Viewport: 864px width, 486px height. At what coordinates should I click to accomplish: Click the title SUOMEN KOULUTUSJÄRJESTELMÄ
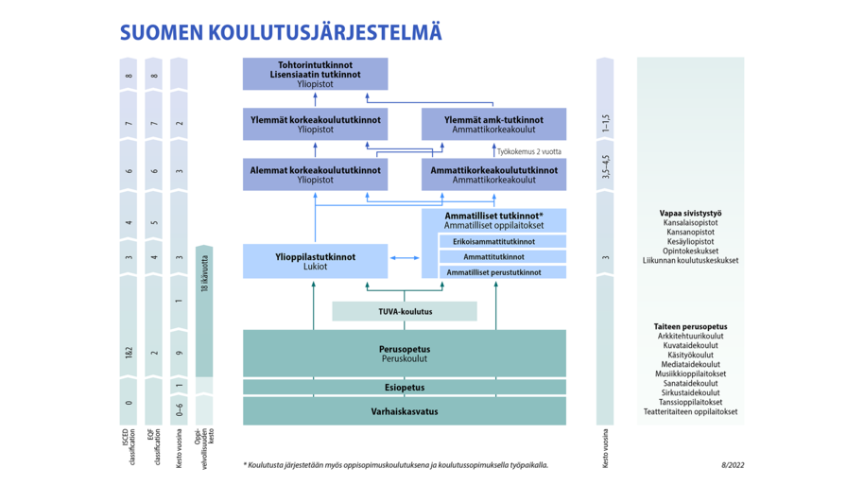[x=281, y=32]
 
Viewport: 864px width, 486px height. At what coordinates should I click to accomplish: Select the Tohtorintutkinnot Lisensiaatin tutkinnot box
[x=315, y=75]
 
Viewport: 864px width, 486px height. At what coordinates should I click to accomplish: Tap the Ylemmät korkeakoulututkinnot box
[x=315, y=124]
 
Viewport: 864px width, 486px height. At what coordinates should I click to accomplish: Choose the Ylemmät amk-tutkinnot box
[x=493, y=124]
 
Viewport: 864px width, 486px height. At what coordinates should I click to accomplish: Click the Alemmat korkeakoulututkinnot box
[x=315, y=175]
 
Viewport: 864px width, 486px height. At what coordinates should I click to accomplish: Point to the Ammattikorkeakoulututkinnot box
[x=493, y=175]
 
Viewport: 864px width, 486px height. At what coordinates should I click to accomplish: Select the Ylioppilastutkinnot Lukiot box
[x=315, y=261]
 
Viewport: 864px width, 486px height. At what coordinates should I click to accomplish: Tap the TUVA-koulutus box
[x=405, y=311]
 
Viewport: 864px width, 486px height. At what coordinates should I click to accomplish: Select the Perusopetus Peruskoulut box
[x=405, y=354]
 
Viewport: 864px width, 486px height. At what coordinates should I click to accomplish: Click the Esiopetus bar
[x=405, y=388]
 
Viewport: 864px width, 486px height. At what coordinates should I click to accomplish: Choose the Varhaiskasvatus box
[x=405, y=411]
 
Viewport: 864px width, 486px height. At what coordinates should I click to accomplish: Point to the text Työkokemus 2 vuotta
[x=528, y=151]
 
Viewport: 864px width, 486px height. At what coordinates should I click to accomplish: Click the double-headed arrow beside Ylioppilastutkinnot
[x=405, y=257]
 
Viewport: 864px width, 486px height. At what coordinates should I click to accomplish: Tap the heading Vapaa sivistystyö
[x=690, y=214]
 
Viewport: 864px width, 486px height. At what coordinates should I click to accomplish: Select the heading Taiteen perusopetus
[x=690, y=326]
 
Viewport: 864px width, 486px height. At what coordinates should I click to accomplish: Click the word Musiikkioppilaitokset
[x=690, y=373]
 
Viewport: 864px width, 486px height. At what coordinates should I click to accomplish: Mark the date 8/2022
[x=732, y=464]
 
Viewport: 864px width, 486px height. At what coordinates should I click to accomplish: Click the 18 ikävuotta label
[x=204, y=274]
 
